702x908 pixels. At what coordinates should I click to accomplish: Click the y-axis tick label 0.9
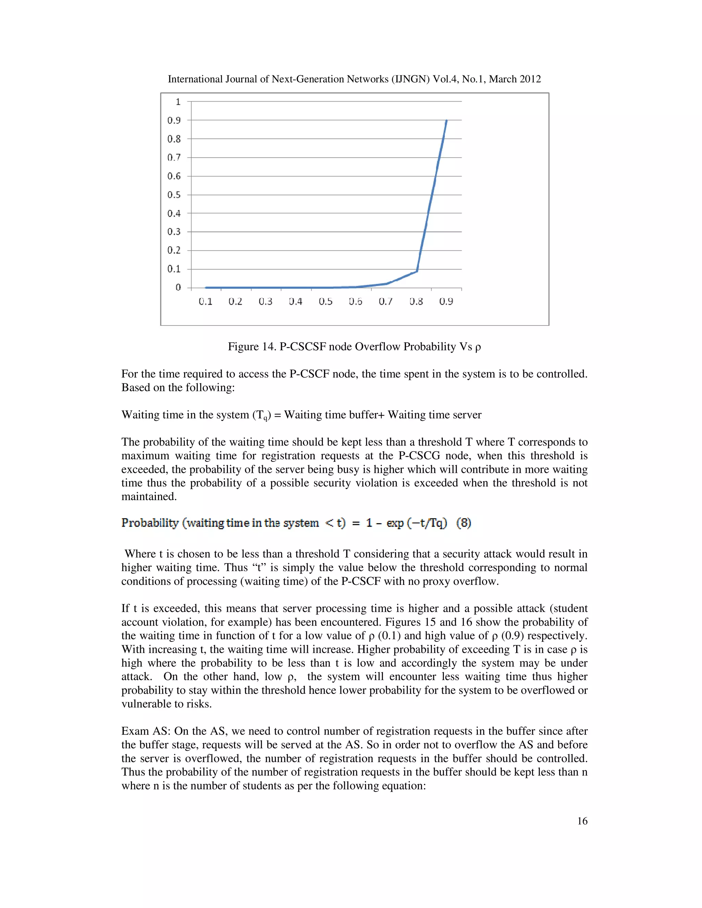click(x=174, y=121)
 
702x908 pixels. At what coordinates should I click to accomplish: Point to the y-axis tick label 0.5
click(x=174, y=195)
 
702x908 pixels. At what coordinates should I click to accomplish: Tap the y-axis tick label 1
click(x=178, y=102)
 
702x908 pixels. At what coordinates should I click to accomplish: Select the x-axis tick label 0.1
click(x=205, y=302)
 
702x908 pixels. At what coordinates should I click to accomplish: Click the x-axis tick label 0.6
click(x=355, y=302)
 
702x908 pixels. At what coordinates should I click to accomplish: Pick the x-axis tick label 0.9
click(x=446, y=302)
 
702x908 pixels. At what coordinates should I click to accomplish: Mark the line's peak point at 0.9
click(x=447, y=121)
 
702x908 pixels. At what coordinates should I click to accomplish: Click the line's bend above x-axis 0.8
click(x=417, y=271)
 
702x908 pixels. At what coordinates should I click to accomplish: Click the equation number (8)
click(x=464, y=523)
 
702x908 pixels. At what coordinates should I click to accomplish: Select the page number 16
click(x=582, y=821)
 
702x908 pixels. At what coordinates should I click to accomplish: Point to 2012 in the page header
click(x=529, y=79)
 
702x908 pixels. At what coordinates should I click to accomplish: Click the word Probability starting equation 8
click(x=150, y=523)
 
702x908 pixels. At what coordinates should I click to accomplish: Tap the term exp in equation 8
click(x=395, y=523)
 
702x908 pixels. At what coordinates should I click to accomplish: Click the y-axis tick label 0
click(x=178, y=288)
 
